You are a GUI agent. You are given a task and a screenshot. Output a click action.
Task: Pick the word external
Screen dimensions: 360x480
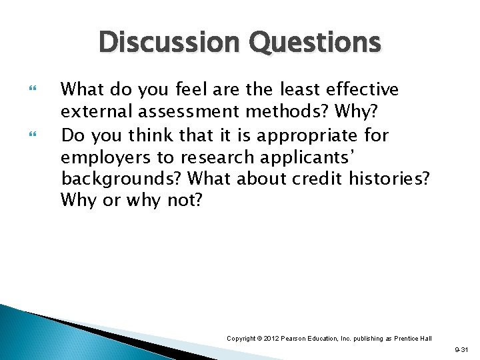[x=91, y=112]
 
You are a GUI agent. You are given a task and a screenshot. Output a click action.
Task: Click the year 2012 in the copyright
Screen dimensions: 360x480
[x=271, y=339]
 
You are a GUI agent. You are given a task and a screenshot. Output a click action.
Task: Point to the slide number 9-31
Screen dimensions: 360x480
[x=462, y=349]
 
